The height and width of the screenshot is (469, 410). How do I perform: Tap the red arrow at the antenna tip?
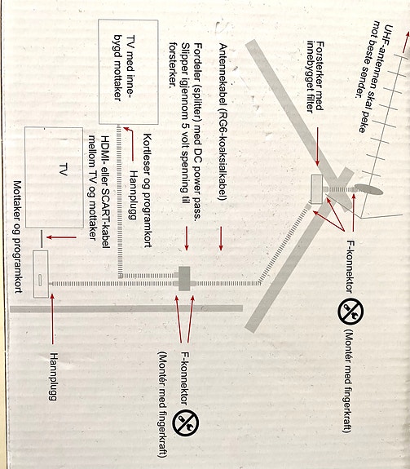[x=405, y=42]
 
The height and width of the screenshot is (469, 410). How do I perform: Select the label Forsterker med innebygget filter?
[x=315, y=77]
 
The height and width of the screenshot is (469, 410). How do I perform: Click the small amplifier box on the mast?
[x=316, y=189]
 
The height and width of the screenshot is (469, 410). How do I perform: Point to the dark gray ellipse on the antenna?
[x=368, y=189]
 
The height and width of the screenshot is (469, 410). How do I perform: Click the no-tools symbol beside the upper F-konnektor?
[x=350, y=311]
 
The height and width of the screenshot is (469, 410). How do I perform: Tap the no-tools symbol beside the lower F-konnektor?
[x=185, y=423]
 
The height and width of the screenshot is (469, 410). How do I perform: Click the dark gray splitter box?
[x=184, y=278]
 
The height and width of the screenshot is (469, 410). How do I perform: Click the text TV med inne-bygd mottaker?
[x=124, y=69]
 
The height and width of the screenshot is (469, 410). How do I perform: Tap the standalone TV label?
[x=63, y=170]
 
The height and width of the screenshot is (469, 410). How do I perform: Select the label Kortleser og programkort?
[x=148, y=190]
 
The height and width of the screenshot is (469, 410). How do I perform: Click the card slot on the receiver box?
[x=40, y=281]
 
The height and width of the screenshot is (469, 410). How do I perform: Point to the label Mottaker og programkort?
[x=18, y=237]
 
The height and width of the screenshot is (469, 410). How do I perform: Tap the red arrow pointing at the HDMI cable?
[x=61, y=237]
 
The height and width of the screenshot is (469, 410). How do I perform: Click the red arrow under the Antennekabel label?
[x=221, y=238]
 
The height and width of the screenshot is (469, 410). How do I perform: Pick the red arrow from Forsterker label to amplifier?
[x=317, y=147]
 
